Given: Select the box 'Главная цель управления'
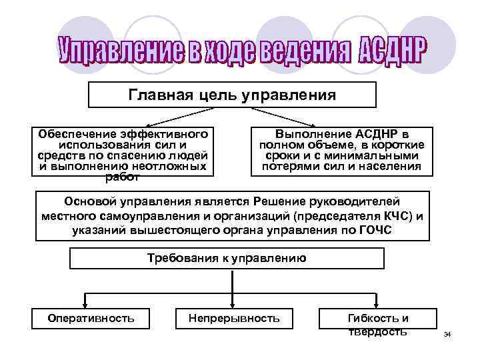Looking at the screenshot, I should [233, 95].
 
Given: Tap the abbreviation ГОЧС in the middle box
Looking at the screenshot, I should [375, 230].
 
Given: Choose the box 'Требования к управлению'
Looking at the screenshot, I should [227, 258].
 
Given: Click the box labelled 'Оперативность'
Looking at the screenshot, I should [91, 318].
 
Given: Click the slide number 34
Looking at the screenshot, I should [447, 333].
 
